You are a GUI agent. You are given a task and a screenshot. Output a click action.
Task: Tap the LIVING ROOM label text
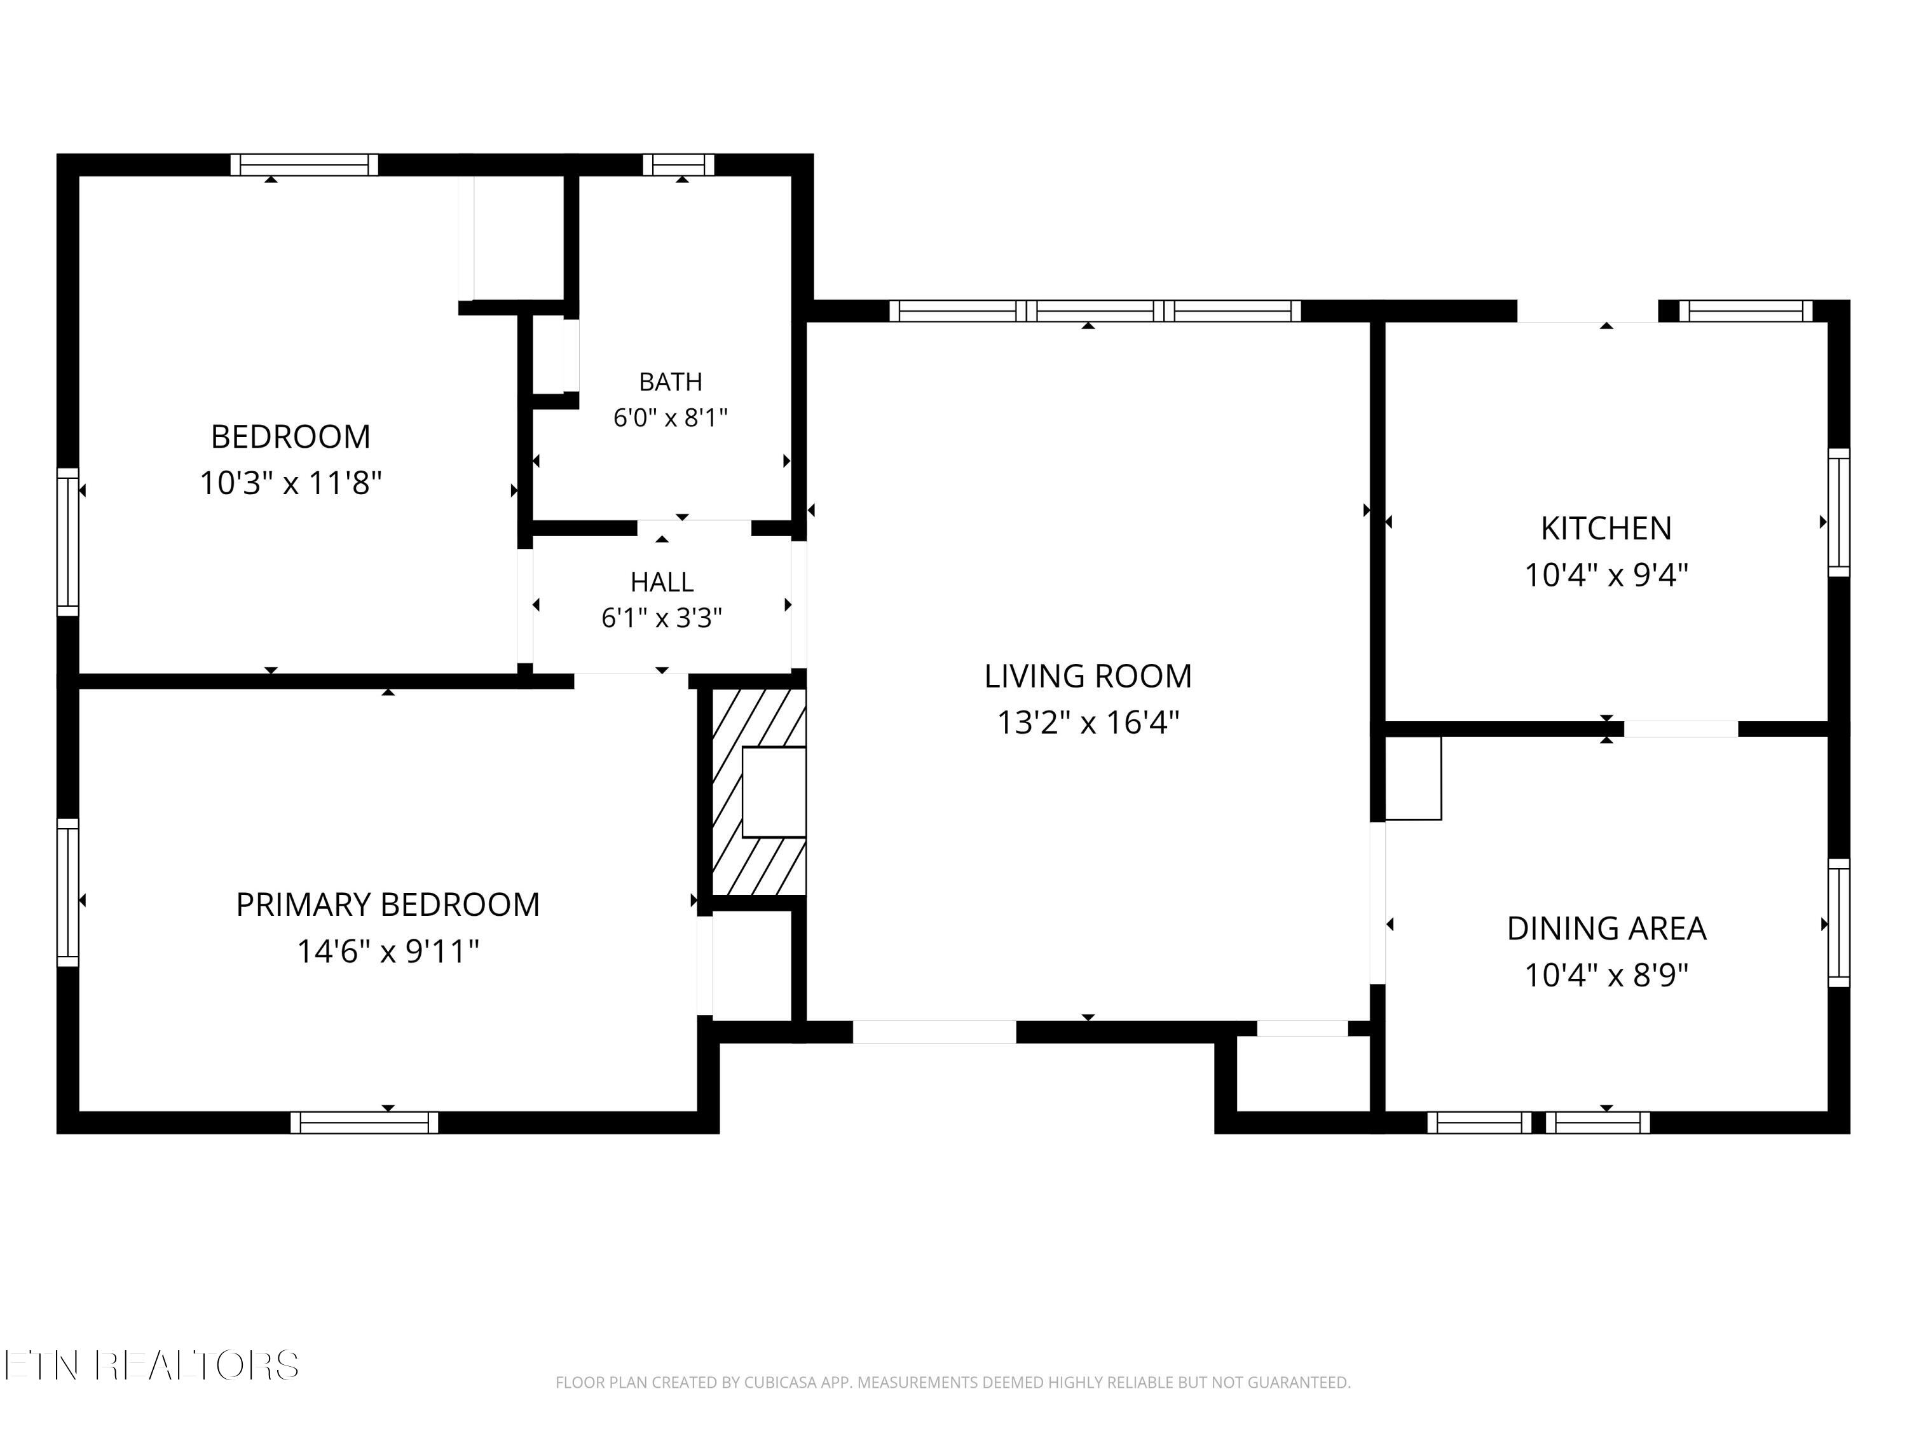coord(1088,676)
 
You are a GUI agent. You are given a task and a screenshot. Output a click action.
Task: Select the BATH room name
coord(670,381)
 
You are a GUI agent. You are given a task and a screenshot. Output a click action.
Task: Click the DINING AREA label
coord(1606,928)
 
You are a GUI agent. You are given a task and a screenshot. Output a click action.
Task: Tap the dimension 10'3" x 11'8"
coord(290,483)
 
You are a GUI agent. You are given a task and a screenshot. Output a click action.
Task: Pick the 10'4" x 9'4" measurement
coord(1606,576)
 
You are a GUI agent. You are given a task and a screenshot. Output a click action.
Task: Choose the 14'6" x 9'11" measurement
coord(388,951)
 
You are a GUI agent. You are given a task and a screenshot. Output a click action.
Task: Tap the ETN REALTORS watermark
coord(152,1365)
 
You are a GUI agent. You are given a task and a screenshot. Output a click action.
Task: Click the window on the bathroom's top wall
coord(678,165)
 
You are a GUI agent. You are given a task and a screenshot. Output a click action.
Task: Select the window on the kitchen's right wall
coord(1839,513)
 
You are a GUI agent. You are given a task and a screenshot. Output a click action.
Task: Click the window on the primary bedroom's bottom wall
coord(364,1122)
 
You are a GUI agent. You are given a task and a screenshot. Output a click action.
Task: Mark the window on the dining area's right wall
coord(1839,923)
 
